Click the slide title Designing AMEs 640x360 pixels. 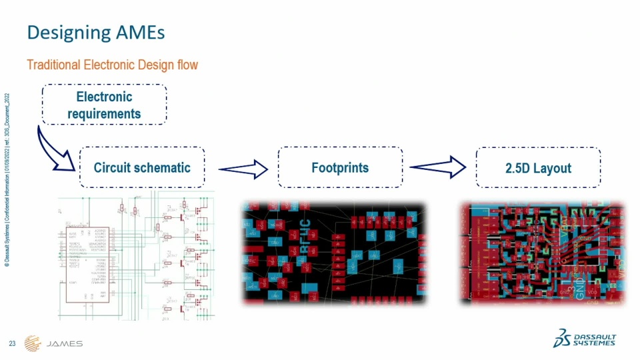pos(95,32)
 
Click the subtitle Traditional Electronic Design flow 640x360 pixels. pos(112,65)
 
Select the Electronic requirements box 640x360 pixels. pos(104,105)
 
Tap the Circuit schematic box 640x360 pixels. pos(141,167)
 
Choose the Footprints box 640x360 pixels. pos(340,167)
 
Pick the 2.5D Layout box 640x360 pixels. pos(537,167)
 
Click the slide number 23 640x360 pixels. pos(12,343)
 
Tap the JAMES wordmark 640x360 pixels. pos(66,344)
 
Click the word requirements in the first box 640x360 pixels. pos(104,113)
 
